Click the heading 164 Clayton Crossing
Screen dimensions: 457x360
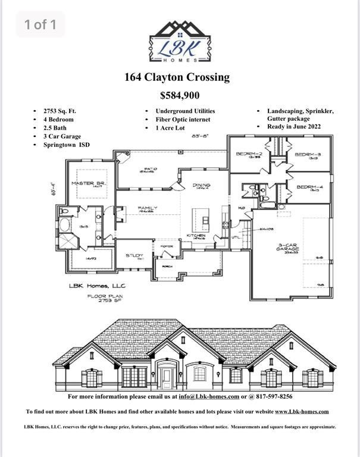pyautogui.click(x=177, y=77)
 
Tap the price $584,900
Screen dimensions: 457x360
pyautogui.click(x=180, y=95)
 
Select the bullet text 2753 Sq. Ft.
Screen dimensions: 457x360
pyautogui.click(x=60, y=111)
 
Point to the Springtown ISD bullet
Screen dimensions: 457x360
pyautogui.click(x=67, y=145)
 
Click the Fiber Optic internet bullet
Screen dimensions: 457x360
pyautogui.click(x=183, y=119)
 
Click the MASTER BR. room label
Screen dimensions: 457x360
pyautogui.click(x=87, y=184)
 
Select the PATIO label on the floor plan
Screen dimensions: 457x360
pyautogui.click(x=147, y=169)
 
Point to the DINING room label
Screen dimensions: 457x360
pyautogui.click(x=202, y=186)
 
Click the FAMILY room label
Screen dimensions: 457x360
pyautogui.click(x=146, y=209)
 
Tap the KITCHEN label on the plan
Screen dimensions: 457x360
pyautogui.click(x=196, y=236)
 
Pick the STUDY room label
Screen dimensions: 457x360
pyautogui.click(x=134, y=256)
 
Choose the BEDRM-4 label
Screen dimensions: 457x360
pyautogui.click(x=309, y=187)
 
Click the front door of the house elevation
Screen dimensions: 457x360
pyautogui.click(x=167, y=377)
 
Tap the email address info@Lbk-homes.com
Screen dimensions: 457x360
pyautogui.click(x=209, y=397)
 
